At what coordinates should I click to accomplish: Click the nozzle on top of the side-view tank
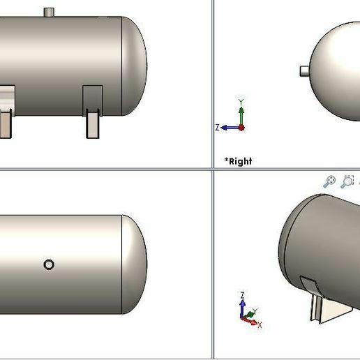tap(49, 12)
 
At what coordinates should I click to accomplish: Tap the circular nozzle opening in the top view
tap(49, 264)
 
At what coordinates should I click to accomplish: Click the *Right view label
tap(238, 161)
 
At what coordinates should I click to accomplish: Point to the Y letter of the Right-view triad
tap(241, 102)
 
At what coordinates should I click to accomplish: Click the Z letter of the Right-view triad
tap(218, 128)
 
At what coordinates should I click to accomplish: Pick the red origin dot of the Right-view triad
tap(241, 128)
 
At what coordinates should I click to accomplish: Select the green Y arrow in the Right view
tap(241, 114)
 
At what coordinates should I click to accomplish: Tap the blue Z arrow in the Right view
tap(229, 128)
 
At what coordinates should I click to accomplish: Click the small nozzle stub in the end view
tap(305, 70)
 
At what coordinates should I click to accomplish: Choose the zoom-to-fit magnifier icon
tap(329, 181)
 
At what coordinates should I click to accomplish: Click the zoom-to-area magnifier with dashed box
tap(347, 181)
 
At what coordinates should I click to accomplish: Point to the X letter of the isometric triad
tap(260, 325)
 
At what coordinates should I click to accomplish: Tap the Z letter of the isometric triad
tap(241, 295)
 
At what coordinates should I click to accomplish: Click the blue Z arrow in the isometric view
tap(242, 308)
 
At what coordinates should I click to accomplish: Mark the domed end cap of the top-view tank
tap(135, 264)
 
